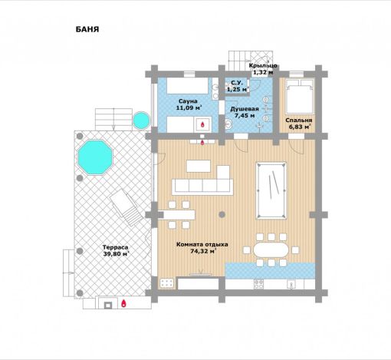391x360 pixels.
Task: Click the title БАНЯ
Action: pyautogui.click(x=87, y=29)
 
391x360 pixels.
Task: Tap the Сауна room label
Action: pyautogui.click(x=188, y=101)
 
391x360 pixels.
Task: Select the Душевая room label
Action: pyautogui.click(x=245, y=109)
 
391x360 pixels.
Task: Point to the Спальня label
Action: pyautogui.click(x=299, y=120)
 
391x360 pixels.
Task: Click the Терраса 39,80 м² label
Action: pyautogui.click(x=116, y=250)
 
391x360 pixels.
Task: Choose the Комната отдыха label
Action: pyautogui.click(x=202, y=244)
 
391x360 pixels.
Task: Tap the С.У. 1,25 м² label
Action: pyautogui.click(x=238, y=86)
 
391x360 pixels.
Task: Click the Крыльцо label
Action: pyautogui.click(x=263, y=65)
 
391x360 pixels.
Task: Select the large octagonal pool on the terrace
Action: pyautogui.click(x=95, y=157)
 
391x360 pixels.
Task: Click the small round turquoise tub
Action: pyautogui.click(x=141, y=121)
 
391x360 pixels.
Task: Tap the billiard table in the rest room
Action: pyautogui.click(x=271, y=190)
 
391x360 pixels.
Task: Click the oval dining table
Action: pyautogui.click(x=271, y=249)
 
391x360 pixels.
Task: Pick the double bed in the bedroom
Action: pyautogui.click(x=300, y=96)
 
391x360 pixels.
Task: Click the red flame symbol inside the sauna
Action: pyautogui.click(x=202, y=124)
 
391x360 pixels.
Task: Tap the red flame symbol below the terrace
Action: pyautogui.click(x=123, y=303)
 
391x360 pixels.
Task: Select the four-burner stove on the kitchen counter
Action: pyautogui.click(x=258, y=284)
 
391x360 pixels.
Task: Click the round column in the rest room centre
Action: pyautogui.click(x=222, y=214)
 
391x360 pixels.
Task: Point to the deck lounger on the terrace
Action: pyautogui.click(x=127, y=207)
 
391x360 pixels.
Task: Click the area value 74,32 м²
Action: pyautogui.click(x=203, y=251)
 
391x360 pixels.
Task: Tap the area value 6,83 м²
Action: pyautogui.click(x=298, y=127)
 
